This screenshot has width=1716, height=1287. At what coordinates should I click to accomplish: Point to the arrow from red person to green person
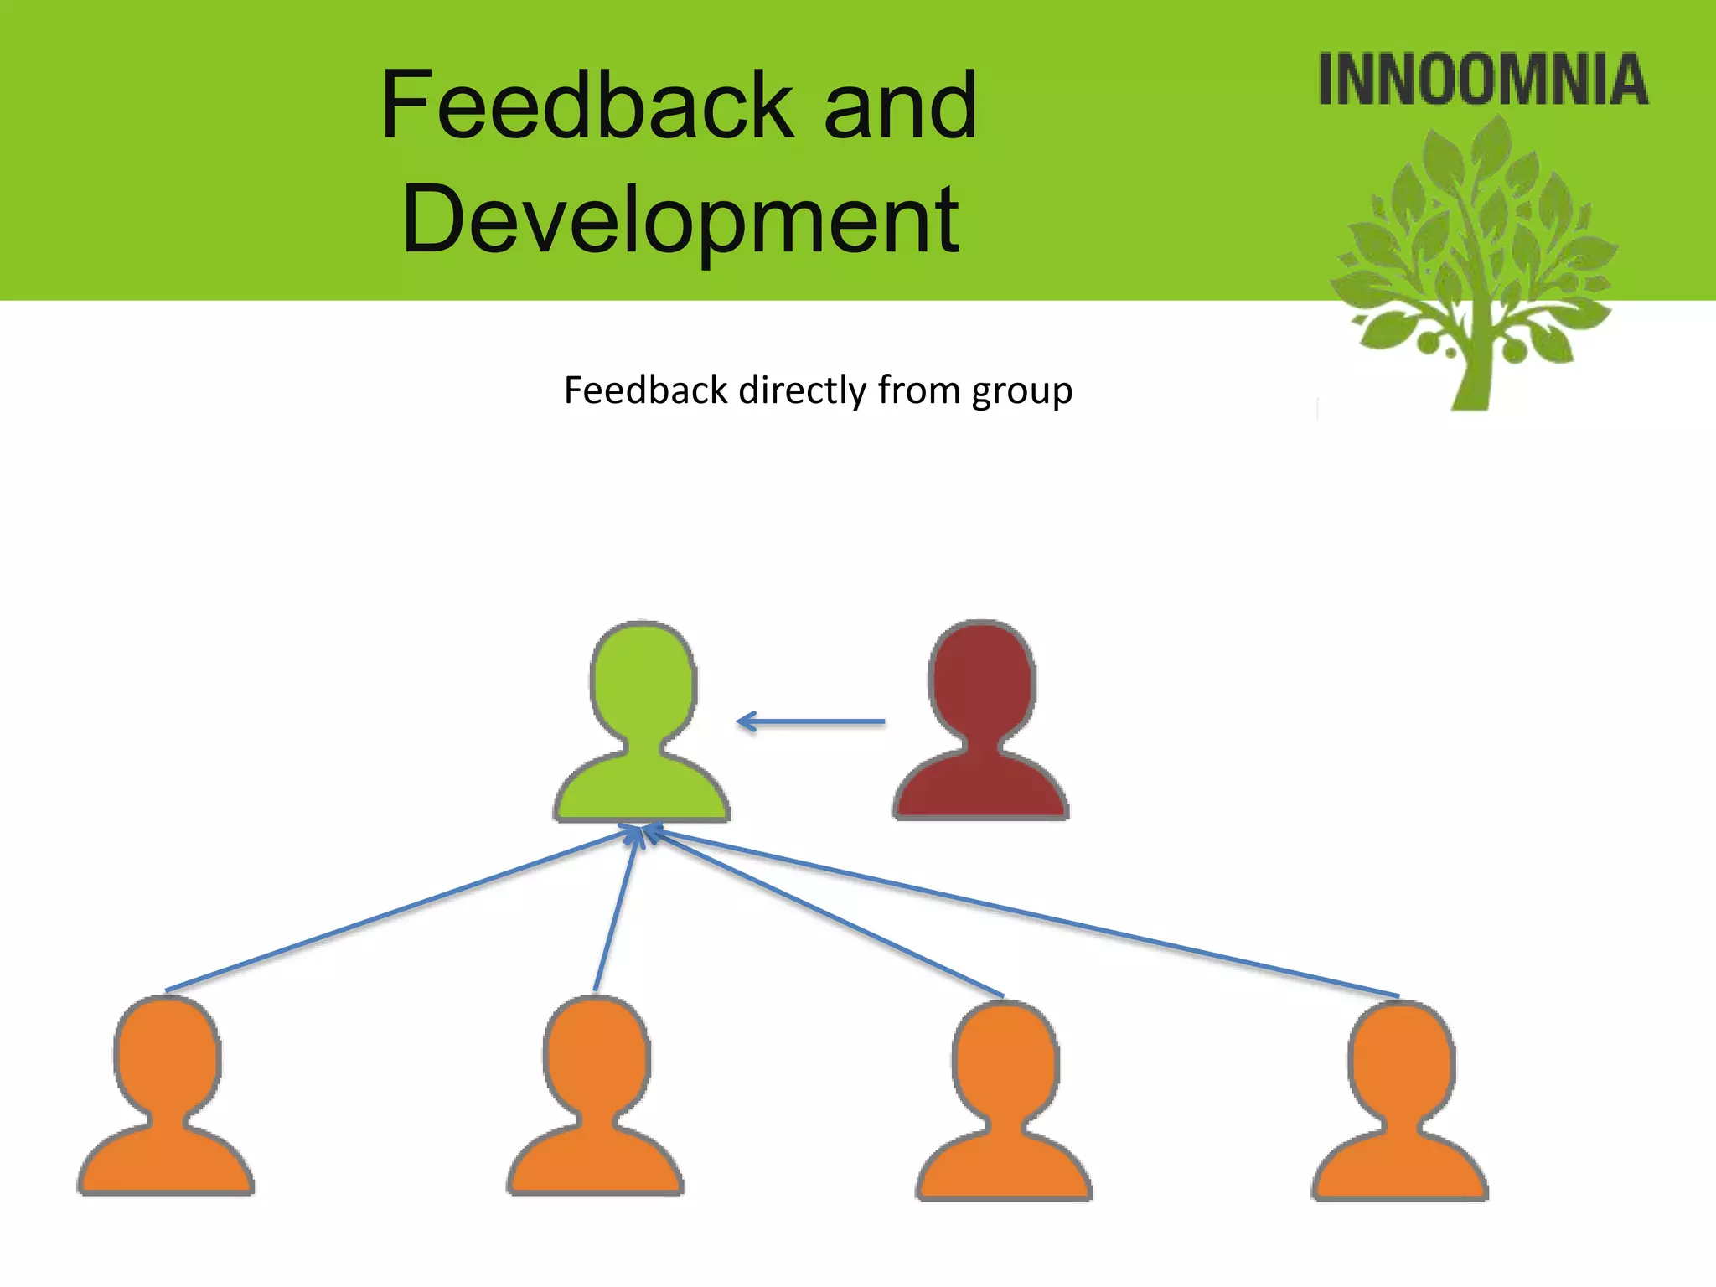point(811,721)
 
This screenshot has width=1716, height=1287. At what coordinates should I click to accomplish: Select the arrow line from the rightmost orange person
point(1022,913)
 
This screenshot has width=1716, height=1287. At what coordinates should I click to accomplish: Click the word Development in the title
point(680,220)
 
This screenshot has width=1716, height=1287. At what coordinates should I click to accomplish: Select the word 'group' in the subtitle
point(1021,391)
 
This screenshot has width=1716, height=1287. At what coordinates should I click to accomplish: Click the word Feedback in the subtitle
point(646,391)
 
